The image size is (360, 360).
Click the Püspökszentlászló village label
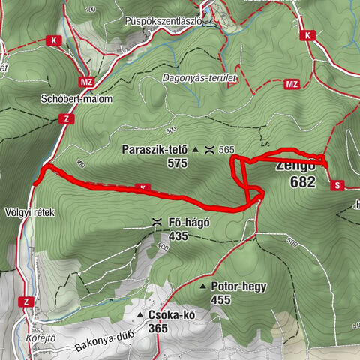[x=163, y=22]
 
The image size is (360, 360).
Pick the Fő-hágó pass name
[x=189, y=222]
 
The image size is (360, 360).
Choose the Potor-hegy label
[x=239, y=286]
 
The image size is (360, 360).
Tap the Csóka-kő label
[x=172, y=315]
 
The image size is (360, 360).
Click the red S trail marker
[x=337, y=184]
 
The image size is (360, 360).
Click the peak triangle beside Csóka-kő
[x=140, y=315]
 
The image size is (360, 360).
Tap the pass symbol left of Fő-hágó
[x=157, y=222]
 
